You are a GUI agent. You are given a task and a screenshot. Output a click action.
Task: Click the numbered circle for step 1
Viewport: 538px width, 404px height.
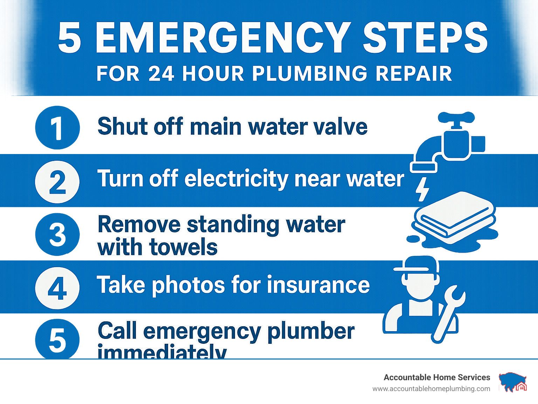57,128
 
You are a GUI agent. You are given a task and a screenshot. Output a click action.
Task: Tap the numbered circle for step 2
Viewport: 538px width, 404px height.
57,182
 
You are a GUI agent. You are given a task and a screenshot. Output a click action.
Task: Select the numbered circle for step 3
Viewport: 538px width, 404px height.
57,235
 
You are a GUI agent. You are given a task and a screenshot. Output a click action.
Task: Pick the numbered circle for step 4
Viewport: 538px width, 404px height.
57,288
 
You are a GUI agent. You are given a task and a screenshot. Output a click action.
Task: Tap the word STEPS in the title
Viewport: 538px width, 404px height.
425,37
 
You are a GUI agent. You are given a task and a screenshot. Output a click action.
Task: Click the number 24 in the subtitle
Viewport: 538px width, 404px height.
161,74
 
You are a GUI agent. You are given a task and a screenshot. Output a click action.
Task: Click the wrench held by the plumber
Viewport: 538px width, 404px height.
449,314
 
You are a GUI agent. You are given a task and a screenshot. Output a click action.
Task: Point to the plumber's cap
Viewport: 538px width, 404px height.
416,265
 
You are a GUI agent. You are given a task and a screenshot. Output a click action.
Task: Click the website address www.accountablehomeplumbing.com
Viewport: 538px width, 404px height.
432,389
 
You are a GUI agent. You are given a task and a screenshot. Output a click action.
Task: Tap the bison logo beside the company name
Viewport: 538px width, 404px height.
512,382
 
